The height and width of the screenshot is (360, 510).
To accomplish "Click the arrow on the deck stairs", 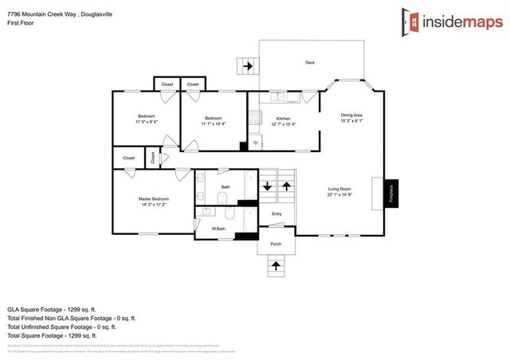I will point(249,66).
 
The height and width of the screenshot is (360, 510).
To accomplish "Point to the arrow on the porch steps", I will point(276,264).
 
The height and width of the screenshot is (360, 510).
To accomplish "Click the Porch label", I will point(276,245).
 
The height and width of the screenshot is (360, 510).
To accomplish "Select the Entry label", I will point(277,213).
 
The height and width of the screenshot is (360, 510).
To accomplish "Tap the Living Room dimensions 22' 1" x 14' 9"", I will point(339,195).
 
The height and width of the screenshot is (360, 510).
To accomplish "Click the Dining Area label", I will point(352,115).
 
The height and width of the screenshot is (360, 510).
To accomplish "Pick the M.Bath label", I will point(218,229).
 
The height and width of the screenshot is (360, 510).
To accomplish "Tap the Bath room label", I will point(226,188).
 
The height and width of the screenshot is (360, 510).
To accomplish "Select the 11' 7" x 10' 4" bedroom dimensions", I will point(213,123).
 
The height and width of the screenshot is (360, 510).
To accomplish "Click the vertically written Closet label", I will point(153,158).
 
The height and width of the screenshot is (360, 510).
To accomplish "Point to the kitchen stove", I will point(255,119).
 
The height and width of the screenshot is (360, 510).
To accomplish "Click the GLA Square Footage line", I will point(52,308).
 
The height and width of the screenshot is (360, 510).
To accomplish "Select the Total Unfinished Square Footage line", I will point(61,326).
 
